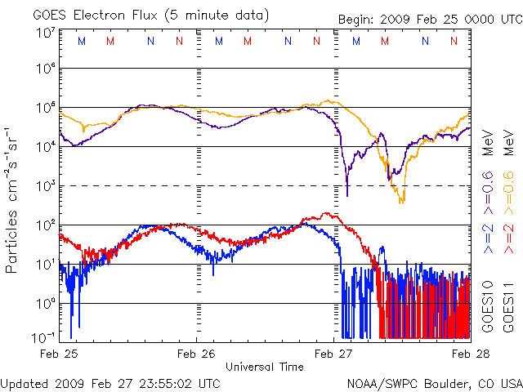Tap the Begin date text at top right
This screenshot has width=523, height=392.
coord(428,19)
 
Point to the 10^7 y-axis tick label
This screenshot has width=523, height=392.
coord(46,33)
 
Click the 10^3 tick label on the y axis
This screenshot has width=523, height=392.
coord(46,185)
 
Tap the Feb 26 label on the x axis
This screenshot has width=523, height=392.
coord(197,354)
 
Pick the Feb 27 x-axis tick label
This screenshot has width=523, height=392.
coord(333,354)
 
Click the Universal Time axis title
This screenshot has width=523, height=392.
coord(265,367)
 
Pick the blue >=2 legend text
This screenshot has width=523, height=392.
coord(488,237)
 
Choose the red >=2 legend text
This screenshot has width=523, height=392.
coord(507,237)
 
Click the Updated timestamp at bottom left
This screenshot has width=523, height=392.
coord(110,382)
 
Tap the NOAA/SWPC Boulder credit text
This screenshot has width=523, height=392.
coord(434,382)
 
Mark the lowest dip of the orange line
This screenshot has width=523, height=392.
coord(400,202)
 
